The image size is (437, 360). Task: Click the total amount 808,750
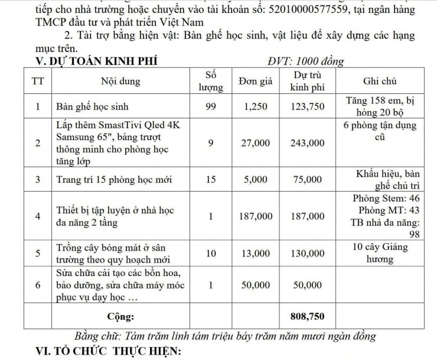tap(309, 316)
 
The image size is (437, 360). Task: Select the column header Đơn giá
tap(255, 82)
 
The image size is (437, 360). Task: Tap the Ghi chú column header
tap(381, 82)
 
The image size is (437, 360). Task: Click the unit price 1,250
tap(255, 107)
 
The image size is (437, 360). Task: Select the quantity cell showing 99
tap(211, 107)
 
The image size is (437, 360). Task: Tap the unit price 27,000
tap(255, 143)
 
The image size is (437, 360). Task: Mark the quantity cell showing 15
tap(211, 179)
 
